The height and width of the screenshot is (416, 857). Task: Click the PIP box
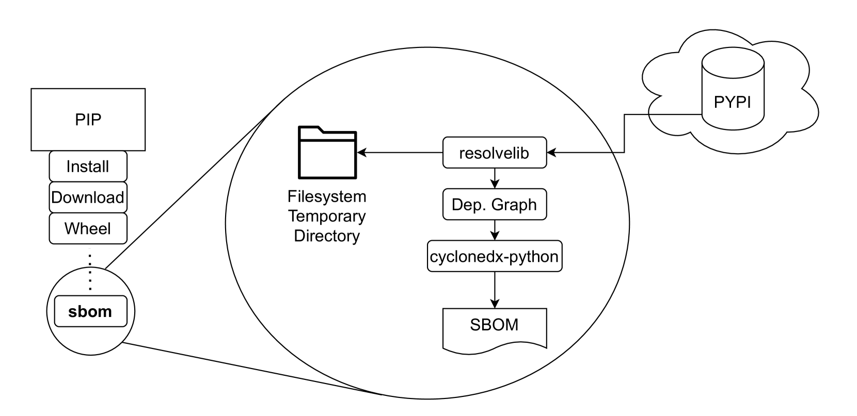[88, 120]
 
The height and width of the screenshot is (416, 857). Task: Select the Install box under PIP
[88, 167]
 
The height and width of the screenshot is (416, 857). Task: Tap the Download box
[88, 197]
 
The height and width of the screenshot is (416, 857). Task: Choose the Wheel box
[88, 228]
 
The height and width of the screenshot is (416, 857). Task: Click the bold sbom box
[90, 311]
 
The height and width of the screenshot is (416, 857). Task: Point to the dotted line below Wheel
[90, 271]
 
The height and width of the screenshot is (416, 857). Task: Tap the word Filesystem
[327, 196]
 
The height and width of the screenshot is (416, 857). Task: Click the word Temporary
[327, 216]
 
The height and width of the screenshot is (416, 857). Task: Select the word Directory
[327, 236]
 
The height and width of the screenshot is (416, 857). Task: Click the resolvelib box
[495, 153]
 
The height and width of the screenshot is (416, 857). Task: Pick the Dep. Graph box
[495, 205]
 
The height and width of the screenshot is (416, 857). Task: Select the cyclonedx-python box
[495, 256]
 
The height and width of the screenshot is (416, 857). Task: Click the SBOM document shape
[495, 328]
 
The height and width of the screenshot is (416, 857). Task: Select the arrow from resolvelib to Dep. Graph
[495, 178]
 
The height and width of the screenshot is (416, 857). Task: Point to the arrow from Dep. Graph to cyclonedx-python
[495, 230]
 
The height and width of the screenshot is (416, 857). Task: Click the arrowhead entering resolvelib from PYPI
[551, 153]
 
